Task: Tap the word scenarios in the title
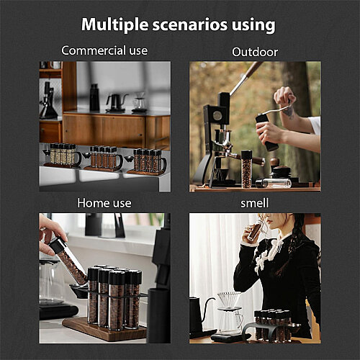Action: pos(190,24)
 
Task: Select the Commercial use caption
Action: pos(104,50)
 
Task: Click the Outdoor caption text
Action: pos(255,52)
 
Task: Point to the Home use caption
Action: pos(104,203)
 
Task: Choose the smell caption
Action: pos(255,203)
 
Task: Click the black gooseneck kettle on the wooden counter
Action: pos(116,103)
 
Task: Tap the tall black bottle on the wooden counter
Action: pos(94,97)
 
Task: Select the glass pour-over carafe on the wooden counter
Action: pos(140,103)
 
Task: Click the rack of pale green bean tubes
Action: pos(63,156)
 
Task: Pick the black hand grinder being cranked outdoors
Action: pos(267,132)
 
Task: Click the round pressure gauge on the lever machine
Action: pos(217,116)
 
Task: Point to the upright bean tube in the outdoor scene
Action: pos(246,169)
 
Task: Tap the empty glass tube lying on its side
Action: pos(274,183)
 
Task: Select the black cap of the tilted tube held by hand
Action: pos(58,245)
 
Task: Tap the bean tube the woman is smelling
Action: pos(255,230)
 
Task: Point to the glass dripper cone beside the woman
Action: pos(229,300)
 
